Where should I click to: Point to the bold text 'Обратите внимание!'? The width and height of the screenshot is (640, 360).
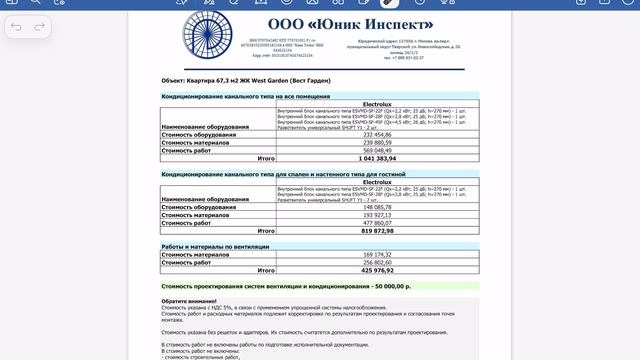tap(187, 301)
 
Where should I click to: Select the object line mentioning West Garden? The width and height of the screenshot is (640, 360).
tap(245, 80)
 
